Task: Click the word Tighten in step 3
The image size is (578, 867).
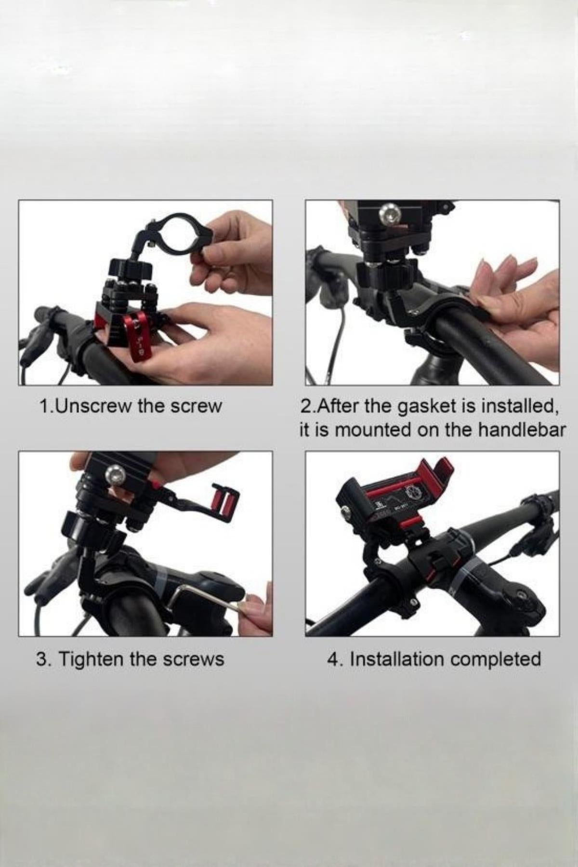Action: pyautogui.click(x=92, y=659)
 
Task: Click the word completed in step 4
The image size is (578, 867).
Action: pyautogui.click(x=496, y=659)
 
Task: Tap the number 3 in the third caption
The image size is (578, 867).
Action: pyautogui.click(x=42, y=659)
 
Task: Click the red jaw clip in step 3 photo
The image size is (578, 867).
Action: pyautogui.click(x=224, y=504)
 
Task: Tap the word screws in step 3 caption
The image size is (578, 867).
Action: pyautogui.click(x=195, y=659)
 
